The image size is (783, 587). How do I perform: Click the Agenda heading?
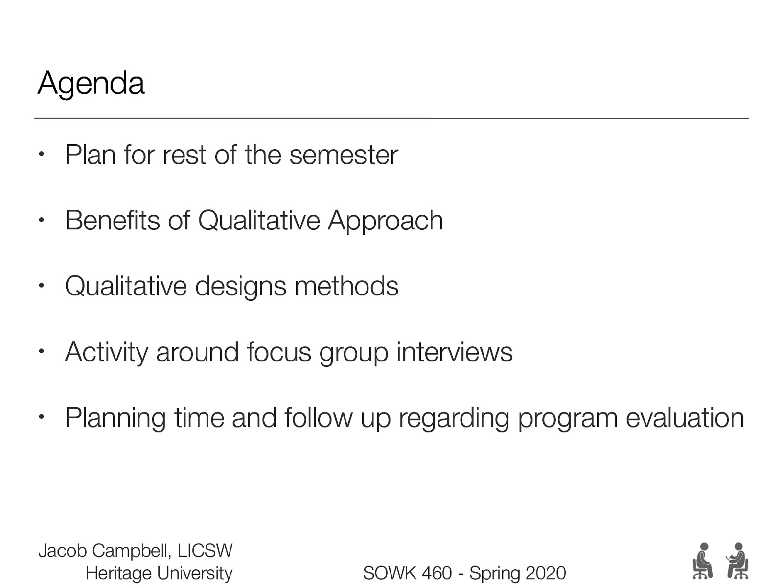pyautogui.click(x=91, y=84)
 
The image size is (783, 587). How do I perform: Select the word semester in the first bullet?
pyautogui.click(x=344, y=155)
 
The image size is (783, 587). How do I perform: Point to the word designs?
pyautogui.click(x=240, y=287)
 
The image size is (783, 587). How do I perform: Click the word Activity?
pyautogui.click(x=106, y=353)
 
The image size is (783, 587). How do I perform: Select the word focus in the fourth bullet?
pyautogui.click(x=279, y=352)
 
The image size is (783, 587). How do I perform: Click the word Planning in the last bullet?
pyautogui.click(x=115, y=419)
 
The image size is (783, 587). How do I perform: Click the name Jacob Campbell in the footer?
pyautogui.click(x=105, y=551)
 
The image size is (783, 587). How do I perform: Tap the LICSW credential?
pyautogui.click(x=205, y=551)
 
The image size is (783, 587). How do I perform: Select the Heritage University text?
pyautogui.click(x=159, y=573)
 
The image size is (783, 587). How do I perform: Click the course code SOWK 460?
pyautogui.click(x=408, y=573)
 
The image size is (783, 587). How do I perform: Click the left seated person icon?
pyautogui.click(x=702, y=561)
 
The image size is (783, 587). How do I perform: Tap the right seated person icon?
pyautogui.click(x=737, y=561)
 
